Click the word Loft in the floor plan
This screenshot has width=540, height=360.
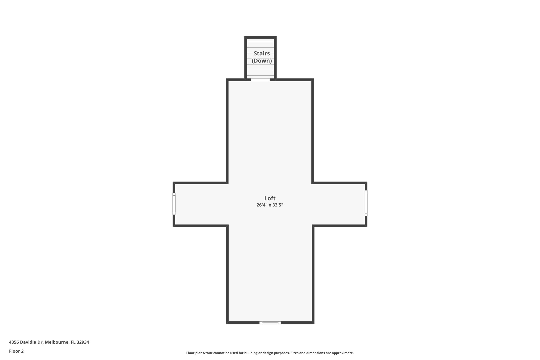(x=270, y=198)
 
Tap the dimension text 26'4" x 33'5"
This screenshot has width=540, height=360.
(x=270, y=205)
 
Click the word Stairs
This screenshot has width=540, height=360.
(x=262, y=54)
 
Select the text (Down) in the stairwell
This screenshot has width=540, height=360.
(x=262, y=61)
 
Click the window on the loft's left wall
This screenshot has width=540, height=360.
(x=174, y=204)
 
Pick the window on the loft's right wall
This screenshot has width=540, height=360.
(x=366, y=203)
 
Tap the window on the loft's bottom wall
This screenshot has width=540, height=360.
(x=270, y=323)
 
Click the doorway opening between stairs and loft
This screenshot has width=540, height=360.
(x=260, y=80)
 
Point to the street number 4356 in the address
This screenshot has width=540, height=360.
(x=14, y=342)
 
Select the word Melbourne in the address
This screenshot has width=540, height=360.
(x=57, y=342)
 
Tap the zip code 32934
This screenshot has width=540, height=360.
(x=83, y=342)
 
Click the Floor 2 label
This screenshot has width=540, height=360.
(x=16, y=351)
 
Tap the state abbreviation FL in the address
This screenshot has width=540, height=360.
(x=73, y=342)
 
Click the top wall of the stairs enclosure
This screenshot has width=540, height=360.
(x=260, y=37)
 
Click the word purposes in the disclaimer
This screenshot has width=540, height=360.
(x=282, y=353)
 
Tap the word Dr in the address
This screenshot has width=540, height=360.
(x=40, y=342)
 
